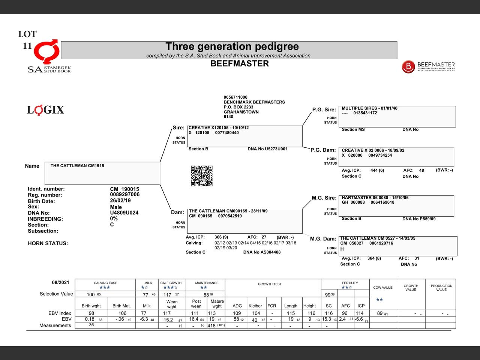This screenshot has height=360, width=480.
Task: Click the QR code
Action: [202, 176]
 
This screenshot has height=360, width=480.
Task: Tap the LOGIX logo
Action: [45, 110]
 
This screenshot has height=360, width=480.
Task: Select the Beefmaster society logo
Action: [428, 67]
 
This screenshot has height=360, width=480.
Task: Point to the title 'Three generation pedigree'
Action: [232, 46]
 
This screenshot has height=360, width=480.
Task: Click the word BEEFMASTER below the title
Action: [239, 64]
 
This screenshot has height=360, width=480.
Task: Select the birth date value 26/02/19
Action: [120, 201]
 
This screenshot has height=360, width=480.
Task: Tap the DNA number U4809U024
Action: [124, 213]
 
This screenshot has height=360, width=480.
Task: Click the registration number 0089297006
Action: [124, 194]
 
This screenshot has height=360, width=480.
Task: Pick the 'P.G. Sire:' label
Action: [324, 109]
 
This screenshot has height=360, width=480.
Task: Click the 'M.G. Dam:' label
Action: [323, 239]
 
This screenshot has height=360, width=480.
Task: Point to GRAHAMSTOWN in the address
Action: [241, 112]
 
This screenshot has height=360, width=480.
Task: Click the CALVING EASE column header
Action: [105, 283]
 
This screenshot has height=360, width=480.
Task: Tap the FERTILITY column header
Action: [350, 283]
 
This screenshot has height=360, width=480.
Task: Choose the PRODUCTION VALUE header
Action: [441, 288]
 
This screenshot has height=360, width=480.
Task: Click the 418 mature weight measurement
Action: [211, 325]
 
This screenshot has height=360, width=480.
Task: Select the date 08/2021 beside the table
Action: [60, 282]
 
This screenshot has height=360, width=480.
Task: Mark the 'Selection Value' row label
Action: [56, 294]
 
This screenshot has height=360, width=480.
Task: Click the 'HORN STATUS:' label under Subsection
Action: [48, 243]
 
